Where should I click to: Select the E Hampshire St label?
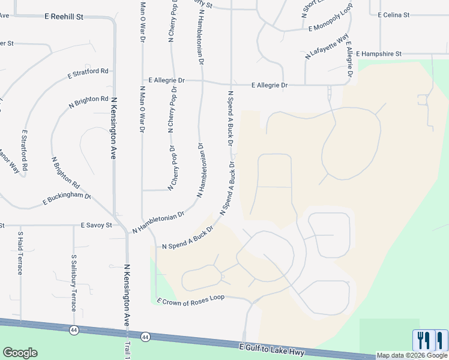coord(378,54)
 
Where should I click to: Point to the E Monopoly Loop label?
coord(330,20)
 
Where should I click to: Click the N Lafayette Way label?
coord(327,46)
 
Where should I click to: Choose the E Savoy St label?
coord(97,226)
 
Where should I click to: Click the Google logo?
coord(20,353)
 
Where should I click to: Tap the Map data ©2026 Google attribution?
coord(412,355)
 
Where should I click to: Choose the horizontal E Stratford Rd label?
coord(88,74)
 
